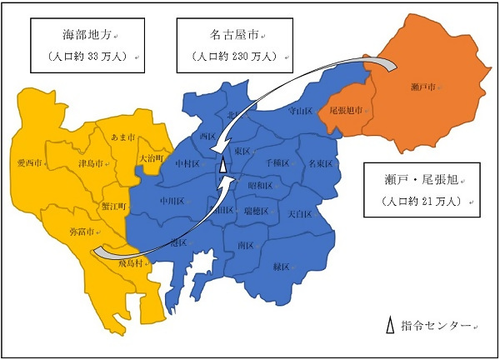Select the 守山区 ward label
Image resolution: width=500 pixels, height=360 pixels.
click(x=300, y=110)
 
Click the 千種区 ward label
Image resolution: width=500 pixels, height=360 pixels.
click(x=280, y=163)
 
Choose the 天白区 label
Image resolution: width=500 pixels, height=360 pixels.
click(x=300, y=215)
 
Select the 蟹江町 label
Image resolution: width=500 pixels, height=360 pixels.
click(x=114, y=205)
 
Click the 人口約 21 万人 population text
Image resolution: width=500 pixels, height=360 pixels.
click(x=422, y=202)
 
